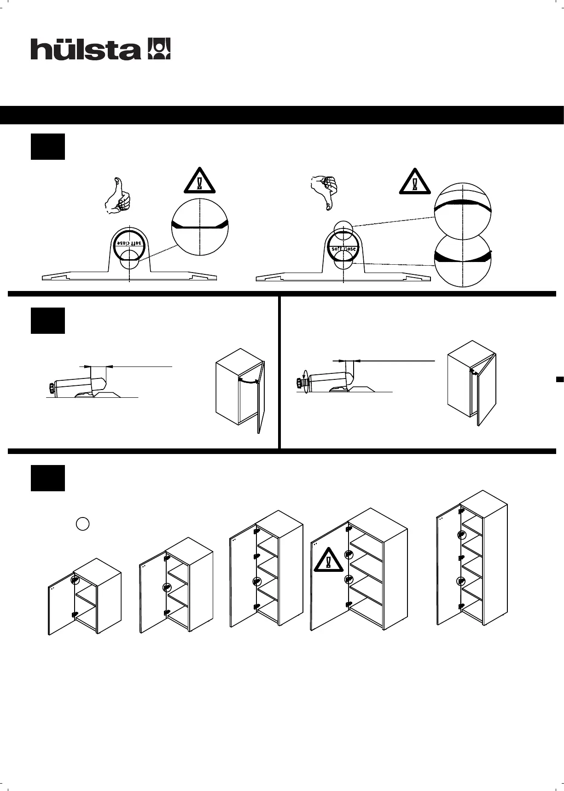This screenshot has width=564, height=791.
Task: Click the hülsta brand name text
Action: click(x=86, y=49)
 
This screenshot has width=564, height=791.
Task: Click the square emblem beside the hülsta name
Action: click(x=158, y=48)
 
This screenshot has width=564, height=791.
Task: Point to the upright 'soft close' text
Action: click(x=343, y=249)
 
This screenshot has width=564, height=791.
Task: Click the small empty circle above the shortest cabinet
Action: click(x=82, y=523)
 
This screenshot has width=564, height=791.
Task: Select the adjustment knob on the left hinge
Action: click(x=51, y=388)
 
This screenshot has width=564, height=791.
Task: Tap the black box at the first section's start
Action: click(x=48, y=147)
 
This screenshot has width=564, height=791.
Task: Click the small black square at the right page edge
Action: click(x=560, y=379)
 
